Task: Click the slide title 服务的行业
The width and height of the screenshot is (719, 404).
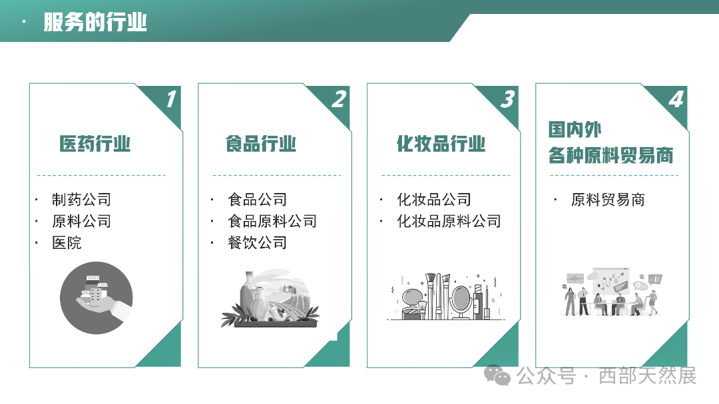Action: [x=95, y=22]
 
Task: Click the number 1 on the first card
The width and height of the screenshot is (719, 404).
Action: [x=170, y=100]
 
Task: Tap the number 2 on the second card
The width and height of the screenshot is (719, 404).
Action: [x=339, y=100]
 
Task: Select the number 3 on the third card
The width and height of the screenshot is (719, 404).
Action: [x=507, y=100]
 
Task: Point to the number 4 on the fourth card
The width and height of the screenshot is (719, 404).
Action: [x=676, y=100]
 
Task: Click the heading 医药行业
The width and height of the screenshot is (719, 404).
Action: [x=95, y=144]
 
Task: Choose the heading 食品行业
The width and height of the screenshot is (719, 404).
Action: [x=261, y=144]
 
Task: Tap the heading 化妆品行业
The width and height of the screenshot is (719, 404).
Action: [x=441, y=144]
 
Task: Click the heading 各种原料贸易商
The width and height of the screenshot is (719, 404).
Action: [x=610, y=156]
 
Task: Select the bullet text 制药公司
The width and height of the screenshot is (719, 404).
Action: [x=81, y=200]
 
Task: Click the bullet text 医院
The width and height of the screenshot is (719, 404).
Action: [x=67, y=243]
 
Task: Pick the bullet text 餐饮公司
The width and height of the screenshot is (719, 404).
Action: [x=257, y=243]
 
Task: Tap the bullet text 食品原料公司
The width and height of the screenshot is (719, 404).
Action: [x=272, y=222]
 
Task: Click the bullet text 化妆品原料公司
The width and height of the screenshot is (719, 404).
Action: [x=449, y=222]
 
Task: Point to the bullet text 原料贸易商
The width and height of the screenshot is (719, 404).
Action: [x=608, y=200]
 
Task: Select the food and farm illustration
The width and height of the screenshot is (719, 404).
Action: [x=270, y=299]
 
